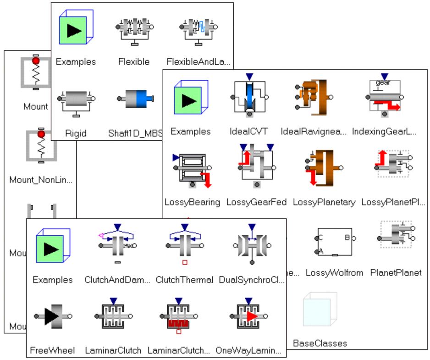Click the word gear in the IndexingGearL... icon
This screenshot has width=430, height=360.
coord(384,83)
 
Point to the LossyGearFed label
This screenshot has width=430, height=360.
coord(256,202)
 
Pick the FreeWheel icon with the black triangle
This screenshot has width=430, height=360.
coord(52,316)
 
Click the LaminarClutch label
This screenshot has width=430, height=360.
coord(113,351)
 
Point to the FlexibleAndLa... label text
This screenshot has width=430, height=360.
coord(199,61)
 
